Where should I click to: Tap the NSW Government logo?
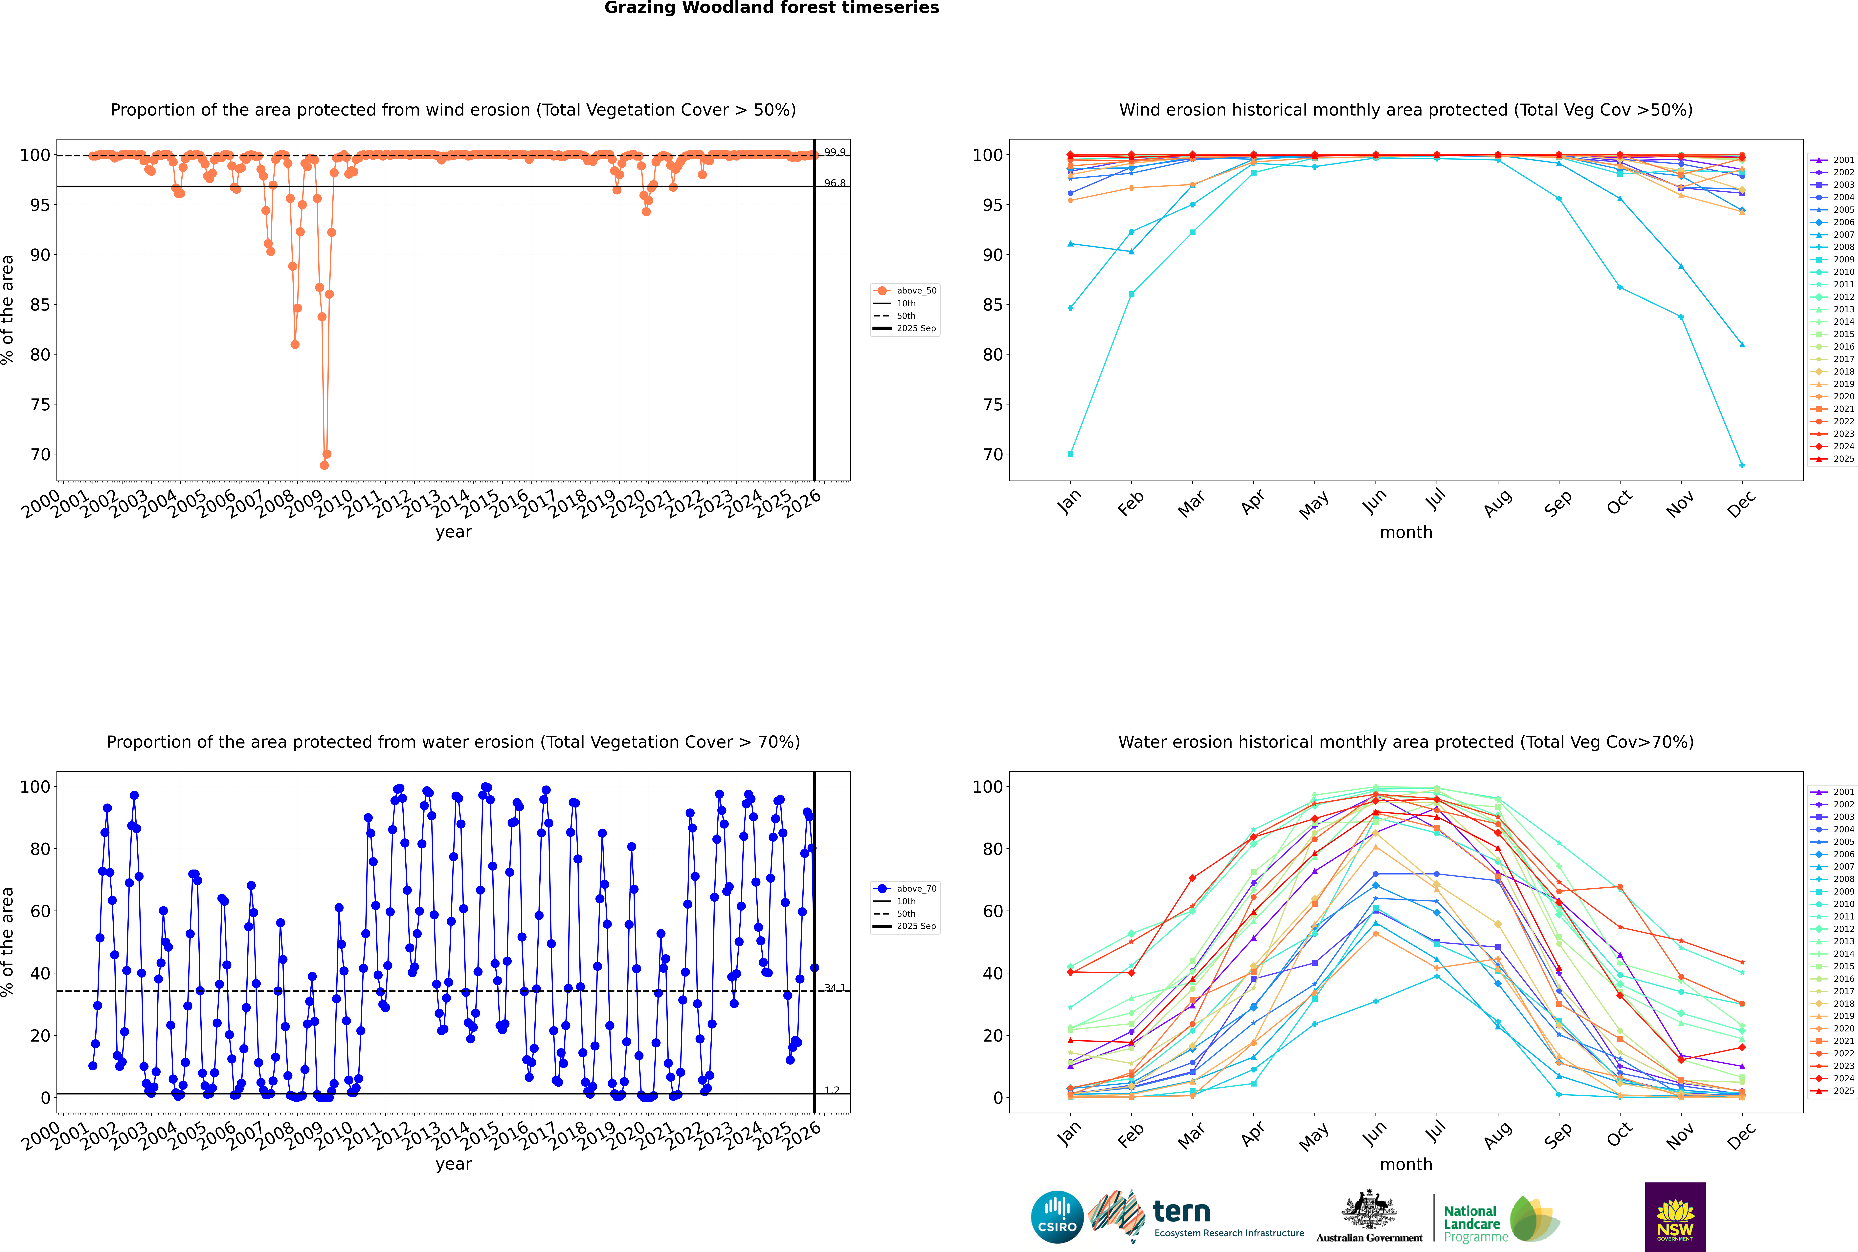point(1675,1216)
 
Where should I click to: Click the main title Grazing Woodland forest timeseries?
point(772,8)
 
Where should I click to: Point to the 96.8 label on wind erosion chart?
point(835,183)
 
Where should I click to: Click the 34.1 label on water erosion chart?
point(835,988)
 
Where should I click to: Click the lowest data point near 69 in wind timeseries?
point(324,465)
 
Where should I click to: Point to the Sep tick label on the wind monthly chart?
point(1558,503)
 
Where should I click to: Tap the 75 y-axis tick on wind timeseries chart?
point(40,405)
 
